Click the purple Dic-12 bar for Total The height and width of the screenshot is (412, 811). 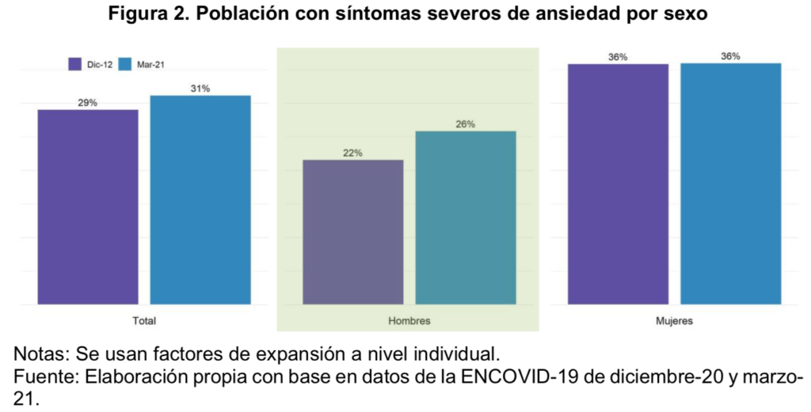88,206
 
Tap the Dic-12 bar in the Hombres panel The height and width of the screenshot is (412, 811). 353,232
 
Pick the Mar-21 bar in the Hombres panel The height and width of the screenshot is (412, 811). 466,217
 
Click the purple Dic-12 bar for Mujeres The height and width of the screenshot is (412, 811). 618,183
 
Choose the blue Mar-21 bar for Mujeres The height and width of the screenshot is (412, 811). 730,183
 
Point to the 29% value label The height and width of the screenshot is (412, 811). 88,103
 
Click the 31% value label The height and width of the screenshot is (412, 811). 200,89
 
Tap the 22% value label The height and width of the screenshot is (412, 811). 353,153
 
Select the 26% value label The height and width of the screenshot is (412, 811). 466,124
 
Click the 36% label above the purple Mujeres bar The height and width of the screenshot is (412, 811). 618,57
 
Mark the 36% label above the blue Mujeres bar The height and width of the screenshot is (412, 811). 730,56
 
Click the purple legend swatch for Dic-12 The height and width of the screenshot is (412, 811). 76,64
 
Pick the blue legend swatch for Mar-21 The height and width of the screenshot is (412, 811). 124,64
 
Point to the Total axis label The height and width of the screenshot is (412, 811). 144,321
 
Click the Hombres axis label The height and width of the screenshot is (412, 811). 409,321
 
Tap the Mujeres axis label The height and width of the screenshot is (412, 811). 675,321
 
